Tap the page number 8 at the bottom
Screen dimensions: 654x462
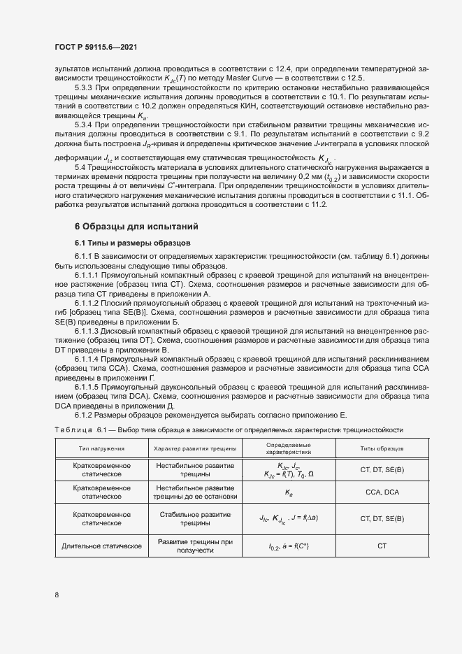pyautogui.click(x=57, y=595)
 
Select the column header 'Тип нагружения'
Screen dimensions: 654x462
pyautogui.click(x=102, y=448)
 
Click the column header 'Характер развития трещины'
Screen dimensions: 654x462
pyautogui.click(x=195, y=448)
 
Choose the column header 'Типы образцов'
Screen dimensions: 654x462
pyautogui.click(x=382, y=448)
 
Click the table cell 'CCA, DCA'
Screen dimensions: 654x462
pyautogui.click(x=382, y=492)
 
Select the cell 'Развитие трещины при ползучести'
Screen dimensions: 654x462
pyautogui.click(x=195, y=546)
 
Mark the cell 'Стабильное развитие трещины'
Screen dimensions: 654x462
pyautogui.click(x=195, y=518)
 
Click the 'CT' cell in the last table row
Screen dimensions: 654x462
pyautogui.click(x=382, y=545)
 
